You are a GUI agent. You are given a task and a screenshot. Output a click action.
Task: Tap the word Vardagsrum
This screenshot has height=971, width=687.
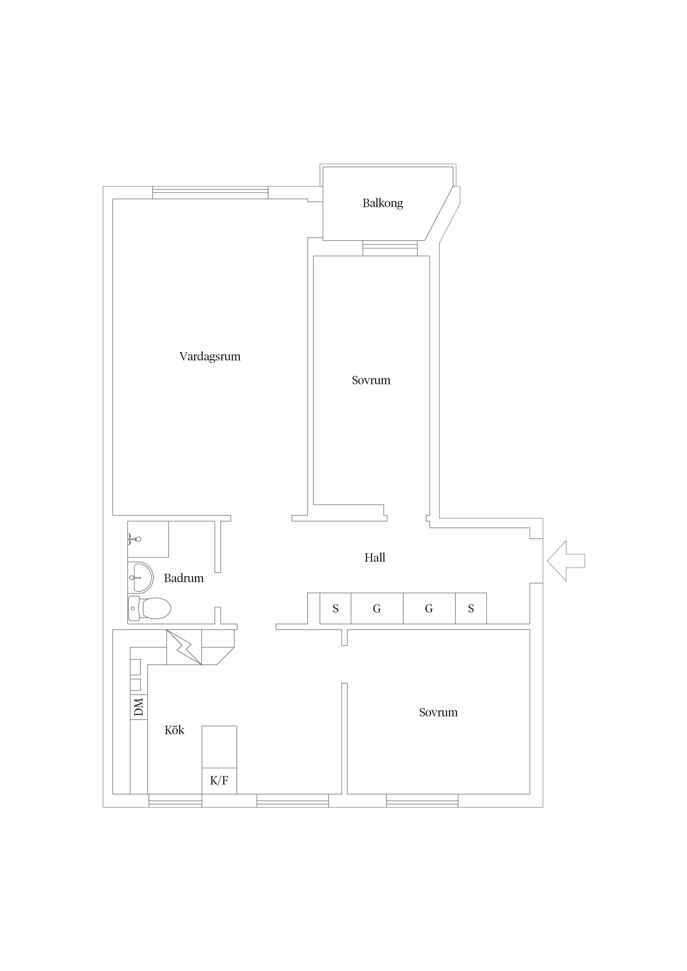pyautogui.click(x=210, y=357)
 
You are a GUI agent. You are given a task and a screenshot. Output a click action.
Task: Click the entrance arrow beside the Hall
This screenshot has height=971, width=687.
pyautogui.click(x=566, y=561)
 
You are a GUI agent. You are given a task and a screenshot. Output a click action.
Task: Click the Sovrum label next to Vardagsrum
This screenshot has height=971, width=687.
pyautogui.click(x=371, y=380)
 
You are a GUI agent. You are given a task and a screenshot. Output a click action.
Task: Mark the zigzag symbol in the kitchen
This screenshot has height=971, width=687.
pyautogui.click(x=184, y=647)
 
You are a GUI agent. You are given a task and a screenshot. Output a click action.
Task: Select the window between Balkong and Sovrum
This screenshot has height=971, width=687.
pyautogui.click(x=390, y=248)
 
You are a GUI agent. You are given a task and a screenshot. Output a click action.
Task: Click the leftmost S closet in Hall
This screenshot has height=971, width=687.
pyautogui.click(x=335, y=609)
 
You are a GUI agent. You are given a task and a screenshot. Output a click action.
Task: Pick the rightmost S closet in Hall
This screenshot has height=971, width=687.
pyautogui.click(x=471, y=609)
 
